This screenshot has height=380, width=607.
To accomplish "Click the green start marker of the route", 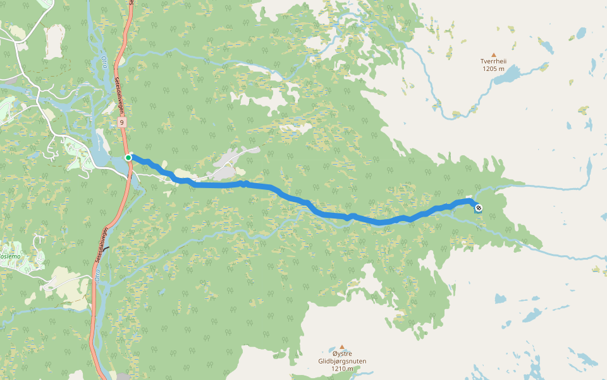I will point(128,157).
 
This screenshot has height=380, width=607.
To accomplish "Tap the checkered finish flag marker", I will point(478,208).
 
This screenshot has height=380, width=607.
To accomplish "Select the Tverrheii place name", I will point(494,61).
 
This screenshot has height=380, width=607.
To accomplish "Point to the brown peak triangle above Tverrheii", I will point(494,54).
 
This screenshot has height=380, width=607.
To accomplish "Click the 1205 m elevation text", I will point(494,69).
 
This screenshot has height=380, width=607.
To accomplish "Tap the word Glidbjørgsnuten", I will point(342,361).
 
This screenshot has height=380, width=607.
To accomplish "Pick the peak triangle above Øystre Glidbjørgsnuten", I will point(342,347).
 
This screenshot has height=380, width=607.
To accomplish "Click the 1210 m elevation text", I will point(342,369).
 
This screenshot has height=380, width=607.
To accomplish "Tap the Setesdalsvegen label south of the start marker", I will point(102,244).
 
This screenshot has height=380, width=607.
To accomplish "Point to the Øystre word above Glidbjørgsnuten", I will point(342,354).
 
